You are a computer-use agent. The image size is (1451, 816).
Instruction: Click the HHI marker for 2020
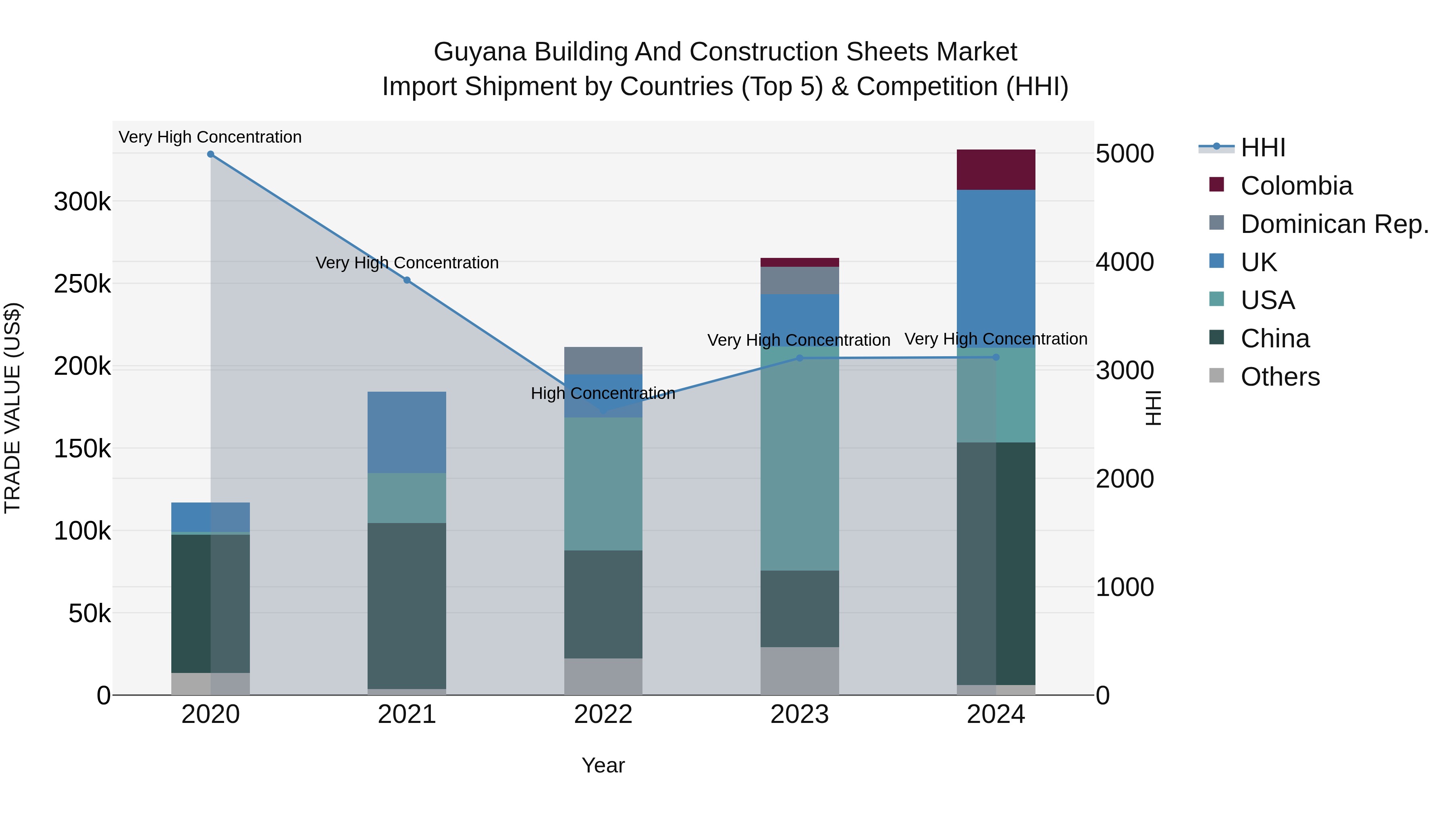pyautogui.click(x=211, y=154)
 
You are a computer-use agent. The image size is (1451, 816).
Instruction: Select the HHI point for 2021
pyautogui.click(x=407, y=280)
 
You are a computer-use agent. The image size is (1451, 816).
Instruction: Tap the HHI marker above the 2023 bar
pyautogui.click(x=799, y=357)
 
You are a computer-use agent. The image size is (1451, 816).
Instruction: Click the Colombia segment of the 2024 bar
pyautogui.click(x=996, y=170)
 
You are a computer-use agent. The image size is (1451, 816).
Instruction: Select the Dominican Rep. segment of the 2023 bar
pyautogui.click(x=799, y=280)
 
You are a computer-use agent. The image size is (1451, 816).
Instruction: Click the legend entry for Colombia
pyautogui.click(x=1295, y=186)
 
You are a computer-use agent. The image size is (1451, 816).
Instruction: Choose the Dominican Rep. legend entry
pyautogui.click(x=1334, y=224)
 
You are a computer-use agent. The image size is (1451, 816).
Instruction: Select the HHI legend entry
pyautogui.click(x=1262, y=147)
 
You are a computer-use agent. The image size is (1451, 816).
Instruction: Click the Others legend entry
pyautogui.click(x=1280, y=377)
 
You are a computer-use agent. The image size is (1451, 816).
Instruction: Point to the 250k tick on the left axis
pyautogui.click(x=82, y=284)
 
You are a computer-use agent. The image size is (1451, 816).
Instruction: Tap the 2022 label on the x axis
pyautogui.click(x=603, y=714)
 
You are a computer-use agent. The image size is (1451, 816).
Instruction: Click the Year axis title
pyautogui.click(x=603, y=765)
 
